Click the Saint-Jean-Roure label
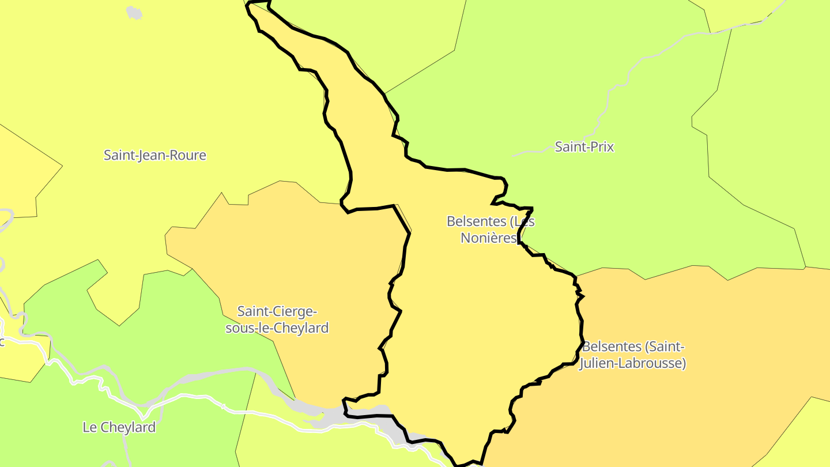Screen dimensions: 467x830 click(154, 155)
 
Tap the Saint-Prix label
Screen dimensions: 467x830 click(584, 147)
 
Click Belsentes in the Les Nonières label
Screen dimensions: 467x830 click(477, 221)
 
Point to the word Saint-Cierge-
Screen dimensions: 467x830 click(277, 311)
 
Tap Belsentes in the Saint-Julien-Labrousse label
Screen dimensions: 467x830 click(612, 347)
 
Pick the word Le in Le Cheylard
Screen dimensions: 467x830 click(89, 427)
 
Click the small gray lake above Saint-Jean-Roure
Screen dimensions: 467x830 click(134, 12)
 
